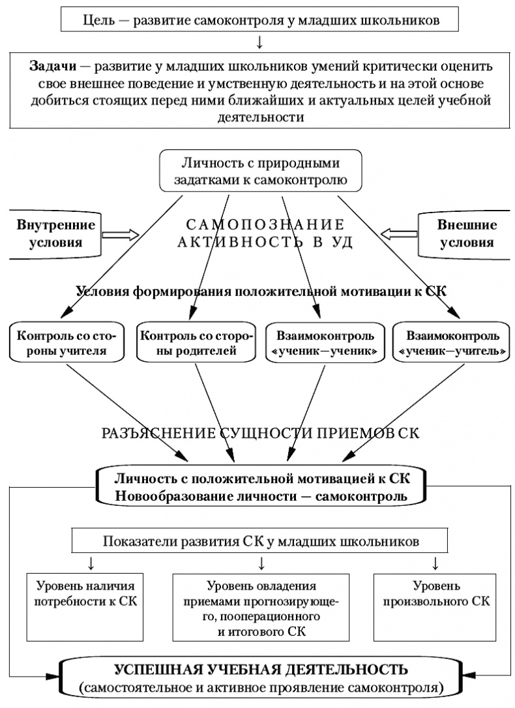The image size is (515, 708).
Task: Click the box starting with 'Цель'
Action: [x=259, y=20]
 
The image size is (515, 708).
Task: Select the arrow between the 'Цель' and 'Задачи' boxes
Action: [x=259, y=43]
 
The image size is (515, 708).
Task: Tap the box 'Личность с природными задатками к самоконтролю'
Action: [x=259, y=171]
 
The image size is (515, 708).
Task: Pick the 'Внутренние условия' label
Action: [x=55, y=234]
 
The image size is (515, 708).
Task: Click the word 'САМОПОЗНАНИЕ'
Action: [x=265, y=226]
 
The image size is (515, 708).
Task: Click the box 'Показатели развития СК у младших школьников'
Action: [x=260, y=541]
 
